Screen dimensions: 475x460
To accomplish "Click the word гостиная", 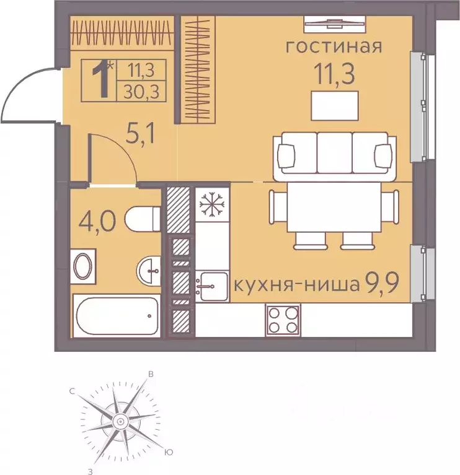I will click(333, 47).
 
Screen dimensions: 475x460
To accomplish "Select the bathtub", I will click(116, 316).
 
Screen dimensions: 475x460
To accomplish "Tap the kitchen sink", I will click(212, 287).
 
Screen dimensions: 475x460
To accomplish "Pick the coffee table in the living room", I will click(335, 105).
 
